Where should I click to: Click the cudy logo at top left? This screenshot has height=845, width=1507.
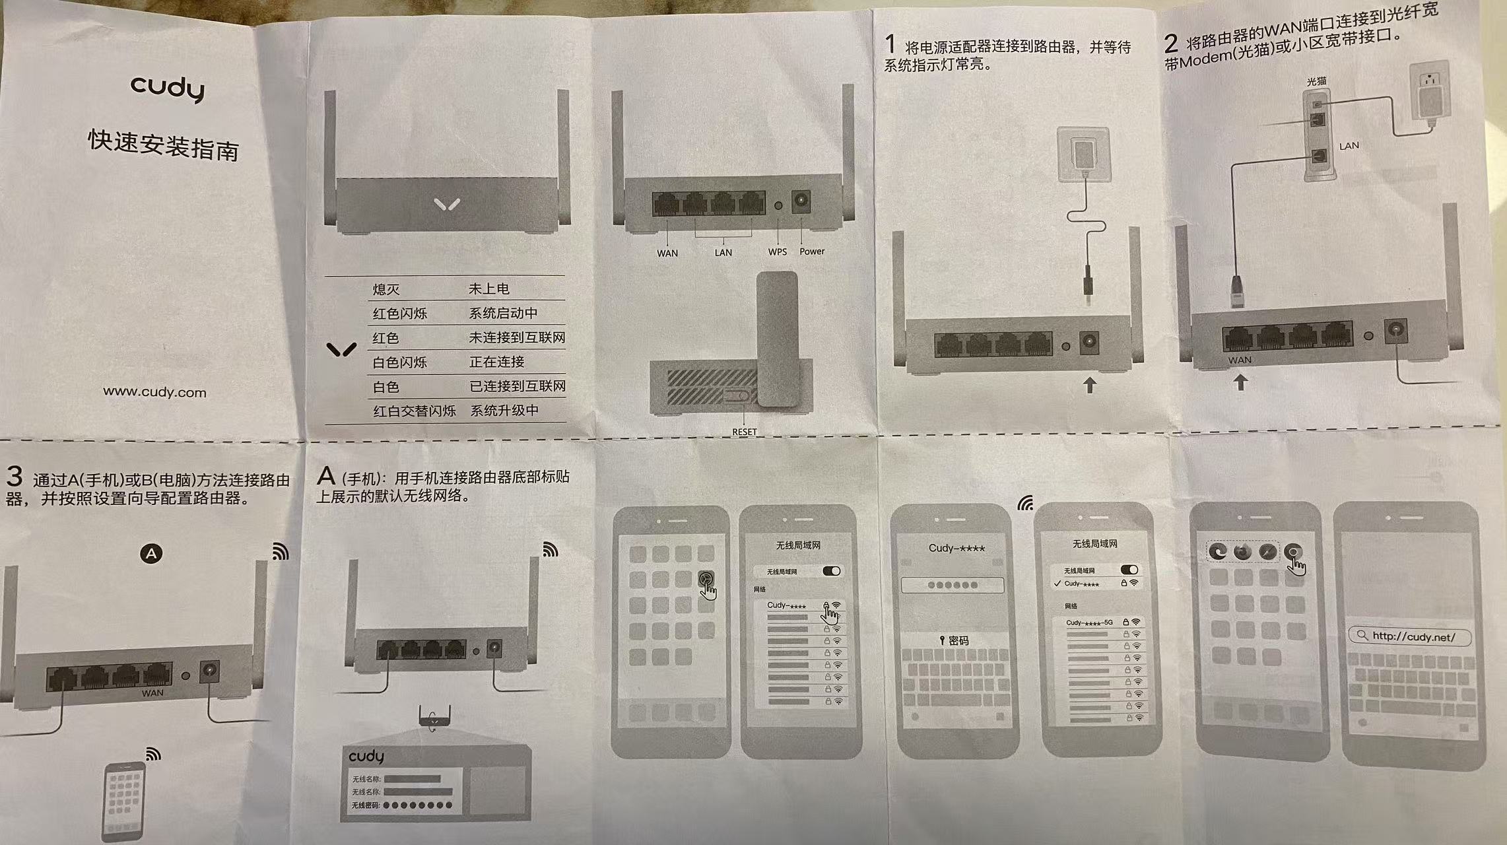[x=168, y=88]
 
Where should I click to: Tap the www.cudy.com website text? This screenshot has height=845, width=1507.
[x=154, y=392]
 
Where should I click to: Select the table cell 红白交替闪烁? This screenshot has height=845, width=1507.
[x=415, y=411]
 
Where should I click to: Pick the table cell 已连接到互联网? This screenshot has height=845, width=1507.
[x=518, y=386]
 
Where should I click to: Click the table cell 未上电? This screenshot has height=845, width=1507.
[x=488, y=288]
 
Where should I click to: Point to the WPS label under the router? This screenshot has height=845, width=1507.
[x=777, y=252]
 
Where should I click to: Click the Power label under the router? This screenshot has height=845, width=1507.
[x=812, y=251]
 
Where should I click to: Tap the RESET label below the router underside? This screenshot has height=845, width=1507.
[x=744, y=432]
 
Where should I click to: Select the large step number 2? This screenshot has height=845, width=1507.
[x=1171, y=44]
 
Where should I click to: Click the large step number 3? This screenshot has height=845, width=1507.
[x=14, y=476]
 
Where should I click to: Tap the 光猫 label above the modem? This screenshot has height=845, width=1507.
[x=1316, y=81]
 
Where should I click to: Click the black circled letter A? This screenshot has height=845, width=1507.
[x=151, y=553]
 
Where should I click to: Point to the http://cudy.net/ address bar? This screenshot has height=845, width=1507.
[x=1409, y=636]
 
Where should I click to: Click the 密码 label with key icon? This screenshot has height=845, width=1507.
[x=954, y=640]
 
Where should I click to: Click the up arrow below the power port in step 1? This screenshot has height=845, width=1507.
[x=1089, y=384]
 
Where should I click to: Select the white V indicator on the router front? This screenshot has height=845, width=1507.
[x=447, y=205]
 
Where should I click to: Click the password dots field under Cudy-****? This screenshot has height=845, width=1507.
[x=952, y=585]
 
